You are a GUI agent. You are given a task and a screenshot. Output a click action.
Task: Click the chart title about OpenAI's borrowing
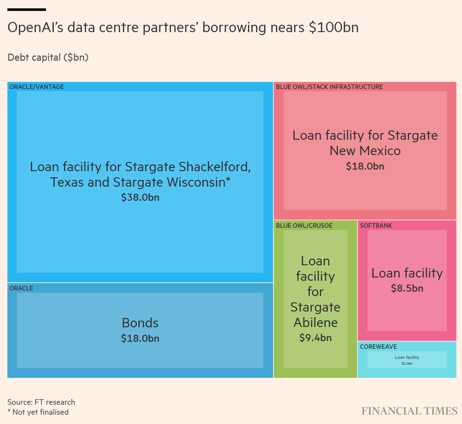click(x=183, y=28)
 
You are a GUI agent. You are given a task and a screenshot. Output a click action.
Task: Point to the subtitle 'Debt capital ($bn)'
click(x=48, y=57)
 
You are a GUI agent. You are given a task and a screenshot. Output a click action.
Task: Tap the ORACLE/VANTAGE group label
click(x=37, y=87)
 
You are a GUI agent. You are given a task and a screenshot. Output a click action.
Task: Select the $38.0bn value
click(x=140, y=197)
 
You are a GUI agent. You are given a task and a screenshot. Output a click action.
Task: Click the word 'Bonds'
click(x=140, y=323)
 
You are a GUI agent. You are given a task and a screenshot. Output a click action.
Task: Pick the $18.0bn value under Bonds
click(x=140, y=338)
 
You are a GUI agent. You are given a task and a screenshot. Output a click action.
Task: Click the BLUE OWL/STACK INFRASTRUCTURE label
click(x=329, y=87)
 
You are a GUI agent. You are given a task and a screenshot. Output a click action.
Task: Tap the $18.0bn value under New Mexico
click(x=365, y=166)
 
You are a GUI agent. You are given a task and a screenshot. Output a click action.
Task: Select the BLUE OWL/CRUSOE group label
click(x=304, y=225)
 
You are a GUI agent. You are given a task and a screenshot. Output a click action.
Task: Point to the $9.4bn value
click(x=315, y=338)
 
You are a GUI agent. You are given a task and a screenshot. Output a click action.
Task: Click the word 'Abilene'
click(x=315, y=322)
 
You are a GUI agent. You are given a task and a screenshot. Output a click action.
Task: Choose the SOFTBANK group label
click(x=376, y=225)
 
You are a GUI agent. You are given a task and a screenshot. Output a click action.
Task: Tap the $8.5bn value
click(x=407, y=288)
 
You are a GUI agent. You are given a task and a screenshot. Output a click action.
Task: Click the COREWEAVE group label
click(x=378, y=347)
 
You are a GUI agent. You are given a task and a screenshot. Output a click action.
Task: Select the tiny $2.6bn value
click(x=407, y=364)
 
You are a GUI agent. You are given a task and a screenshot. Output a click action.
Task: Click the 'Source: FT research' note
click(x=41, y=402)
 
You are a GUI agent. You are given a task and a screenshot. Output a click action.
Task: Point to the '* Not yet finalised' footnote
click(x=38, y=412)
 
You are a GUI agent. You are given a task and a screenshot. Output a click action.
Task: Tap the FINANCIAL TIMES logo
click(x=409, y=411)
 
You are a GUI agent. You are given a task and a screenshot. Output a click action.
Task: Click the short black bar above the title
click(x=27, y=10)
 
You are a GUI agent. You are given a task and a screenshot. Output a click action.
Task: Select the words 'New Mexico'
click(x=365, y=151)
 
